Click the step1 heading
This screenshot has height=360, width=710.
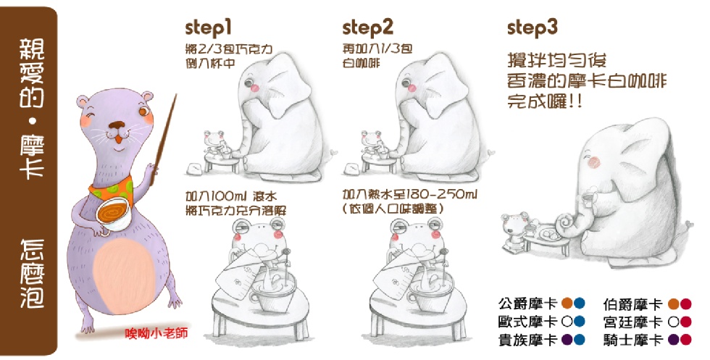pos(209,28)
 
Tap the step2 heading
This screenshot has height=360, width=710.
pos(368,28)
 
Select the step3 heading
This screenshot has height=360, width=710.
pos(532,28)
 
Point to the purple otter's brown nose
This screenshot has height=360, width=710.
pos(117,125)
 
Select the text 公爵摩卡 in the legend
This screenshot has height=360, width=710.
pos(527,304)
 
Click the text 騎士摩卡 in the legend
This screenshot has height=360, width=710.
pos(632,340)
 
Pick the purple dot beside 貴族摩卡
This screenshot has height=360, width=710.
pos(567,340)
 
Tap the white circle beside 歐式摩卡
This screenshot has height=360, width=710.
pos(567,322)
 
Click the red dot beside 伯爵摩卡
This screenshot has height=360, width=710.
pos(685,304)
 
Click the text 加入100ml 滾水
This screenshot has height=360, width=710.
pos(231,196)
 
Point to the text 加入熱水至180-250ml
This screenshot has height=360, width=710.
pos(410,195)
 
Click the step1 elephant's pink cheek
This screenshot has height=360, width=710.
pos(254,86)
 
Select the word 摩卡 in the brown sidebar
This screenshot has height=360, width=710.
pos(32,156)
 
